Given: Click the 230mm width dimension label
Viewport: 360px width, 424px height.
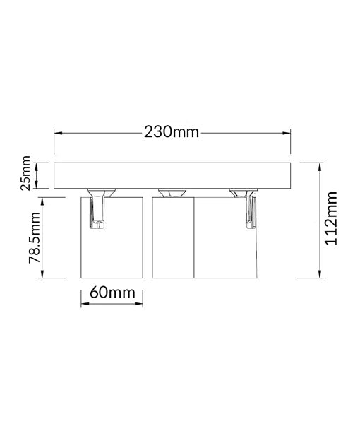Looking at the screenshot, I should pyautogui.click(x=172, y=132).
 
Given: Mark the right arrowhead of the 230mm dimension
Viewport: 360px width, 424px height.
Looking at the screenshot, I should pyautogui.click(x=287, y=132).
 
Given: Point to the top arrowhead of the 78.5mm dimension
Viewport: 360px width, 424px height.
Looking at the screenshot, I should pyautogui.click(x=44, y=199).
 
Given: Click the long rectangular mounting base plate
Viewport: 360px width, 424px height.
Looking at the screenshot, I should pyautogui.click(x=172, y=175).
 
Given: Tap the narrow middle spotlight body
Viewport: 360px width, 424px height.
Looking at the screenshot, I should pyautogui.click(x=172, y=240).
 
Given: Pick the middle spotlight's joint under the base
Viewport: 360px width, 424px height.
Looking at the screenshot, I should pyautogui.click(x=172, y=192).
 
